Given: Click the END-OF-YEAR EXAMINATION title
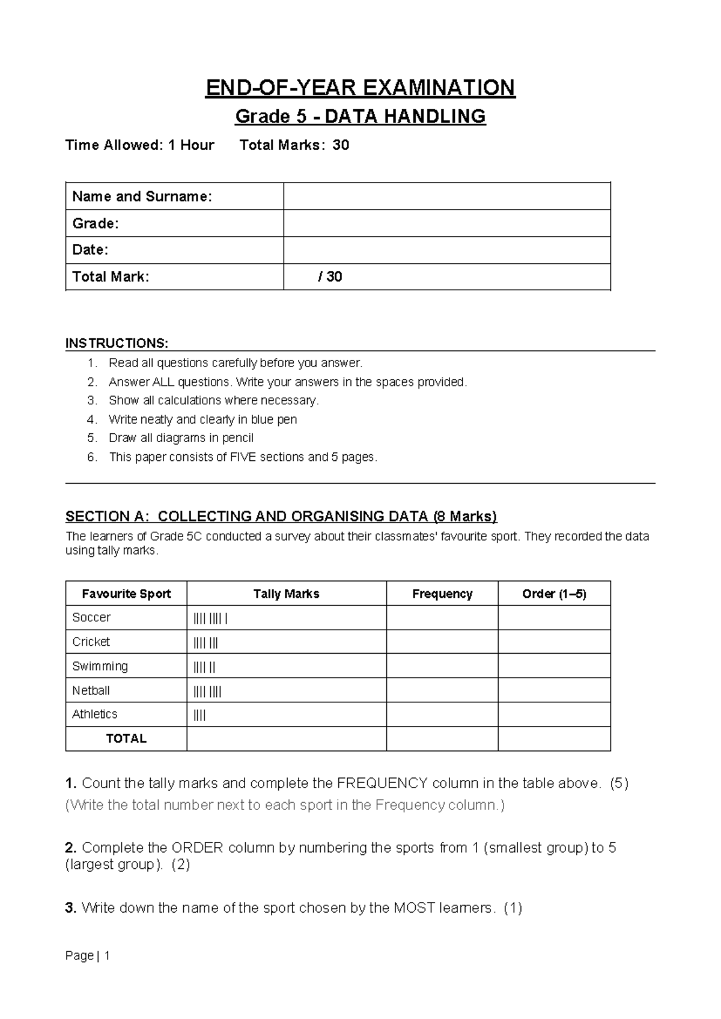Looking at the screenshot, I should pyautogui.click(x=360, y=88).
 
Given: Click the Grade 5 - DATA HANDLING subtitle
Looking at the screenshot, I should pyautogui.click(x=360, y=116).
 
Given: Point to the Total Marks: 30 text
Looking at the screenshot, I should pyautogui.click(x=294, y=145).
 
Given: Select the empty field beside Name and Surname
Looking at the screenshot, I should pyautogui.click(x=446, y=196).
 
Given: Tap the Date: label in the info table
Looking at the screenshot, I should pyautogui.click(x=90, y=250).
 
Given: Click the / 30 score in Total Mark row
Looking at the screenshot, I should pyautogui.click(x=330, y=277).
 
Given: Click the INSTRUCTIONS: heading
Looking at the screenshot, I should pyautogui.click(x=117, y=343).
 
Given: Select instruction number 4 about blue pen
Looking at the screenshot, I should pyautogui.click(x=202, y=419).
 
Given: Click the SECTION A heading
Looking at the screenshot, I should pyautogui.click(x=281, y=516).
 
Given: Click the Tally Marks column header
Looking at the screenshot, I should pyautogui.click(x=286, y=594).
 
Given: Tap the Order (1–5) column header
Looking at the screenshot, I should pyautogui.click(x=554, y=594).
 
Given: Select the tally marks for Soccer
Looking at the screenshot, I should pyautogui.click(x=210, y=618).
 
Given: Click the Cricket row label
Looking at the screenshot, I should pyautogui.click(x=91, y=642).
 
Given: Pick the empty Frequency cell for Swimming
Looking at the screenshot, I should pyautogui.click(x=442, y=666).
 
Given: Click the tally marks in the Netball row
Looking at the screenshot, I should pyautogui.click(x=207, y=692).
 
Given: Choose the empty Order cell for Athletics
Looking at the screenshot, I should pyautogui.click(x=554, y=715).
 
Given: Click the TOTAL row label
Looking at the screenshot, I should pyautogui.click(x=126, y=739).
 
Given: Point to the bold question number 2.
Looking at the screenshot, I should pyautogui.click(x=71, y=848).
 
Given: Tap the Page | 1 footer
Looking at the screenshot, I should pyautogui.click(x=88, y=956).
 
